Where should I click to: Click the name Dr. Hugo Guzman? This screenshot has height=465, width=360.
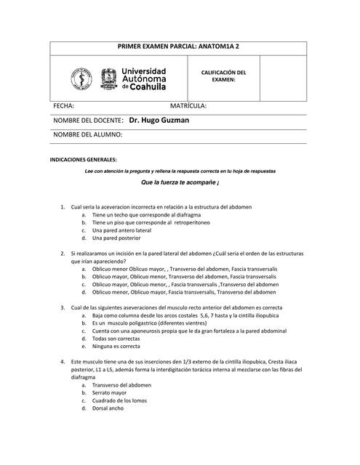click(x=159, y=121)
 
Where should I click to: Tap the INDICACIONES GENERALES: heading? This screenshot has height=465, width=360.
click(x=82, y=159)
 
